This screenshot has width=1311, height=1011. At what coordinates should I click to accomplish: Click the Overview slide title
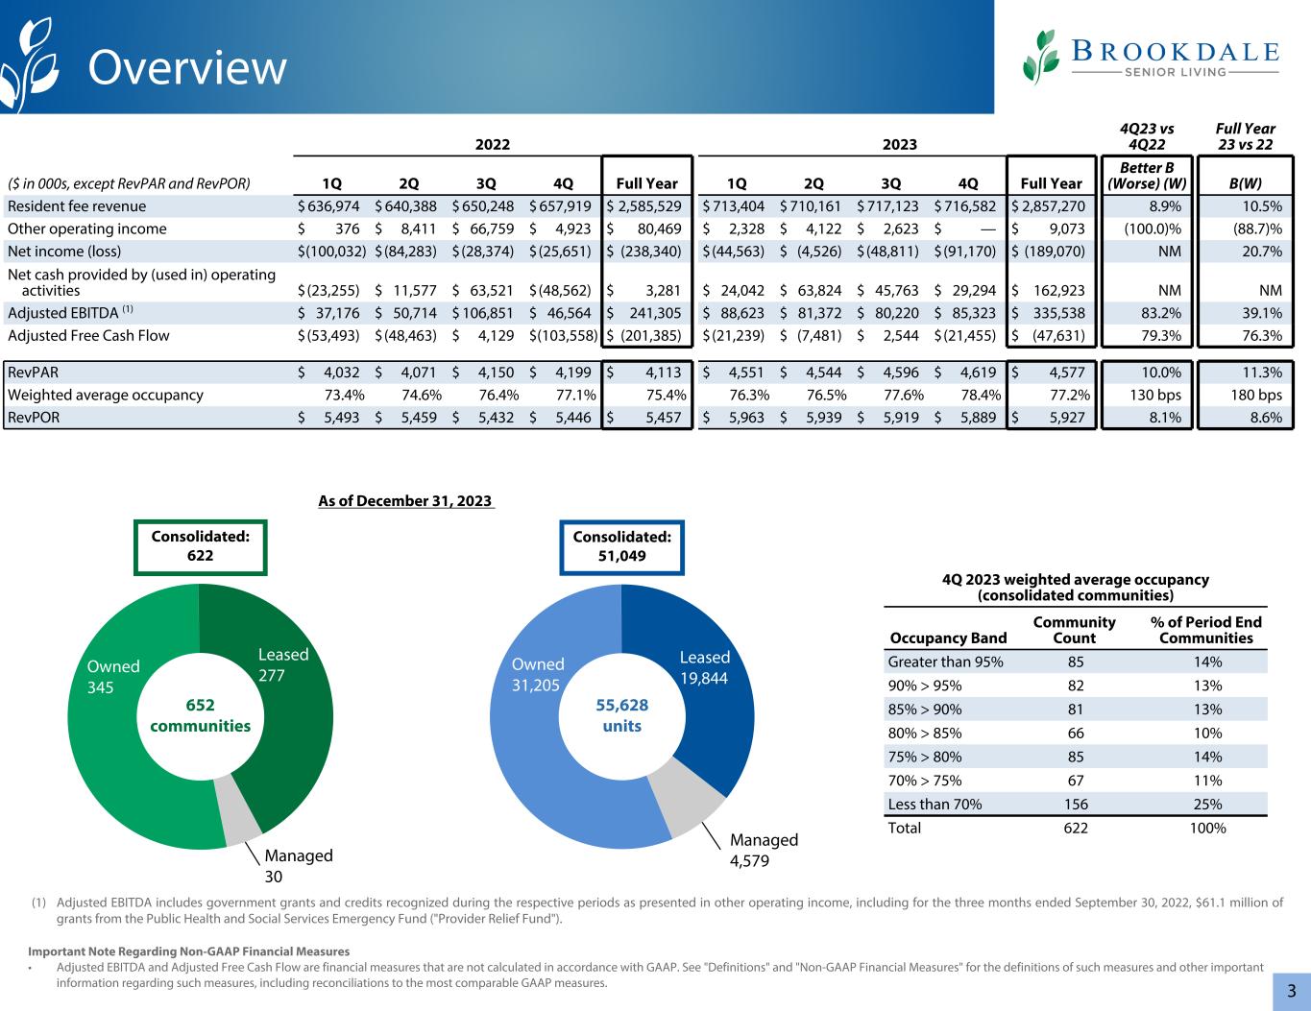click(187, 68)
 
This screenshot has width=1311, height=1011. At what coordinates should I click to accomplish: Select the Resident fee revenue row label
click(77, 206)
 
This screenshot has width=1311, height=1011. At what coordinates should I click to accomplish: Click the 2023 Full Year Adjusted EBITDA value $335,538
click(1053, 312)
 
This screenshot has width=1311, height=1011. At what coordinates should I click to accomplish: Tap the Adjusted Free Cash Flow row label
click(88, 335)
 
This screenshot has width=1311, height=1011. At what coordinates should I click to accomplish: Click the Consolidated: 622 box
click(201, 546)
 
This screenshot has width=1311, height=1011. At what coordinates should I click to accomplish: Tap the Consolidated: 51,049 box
click(621, 546)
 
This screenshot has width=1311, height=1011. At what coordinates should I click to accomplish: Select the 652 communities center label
click(200, 715)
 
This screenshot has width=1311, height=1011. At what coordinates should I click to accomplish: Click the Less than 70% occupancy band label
click(935, 805)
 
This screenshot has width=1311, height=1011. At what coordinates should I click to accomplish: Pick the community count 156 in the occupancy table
click(1075, 805)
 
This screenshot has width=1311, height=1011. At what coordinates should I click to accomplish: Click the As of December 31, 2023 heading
click(405, 501)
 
